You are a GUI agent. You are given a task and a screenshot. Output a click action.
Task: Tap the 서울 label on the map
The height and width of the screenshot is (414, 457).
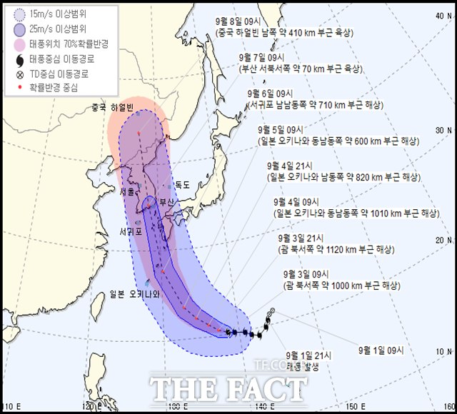pos(129,191)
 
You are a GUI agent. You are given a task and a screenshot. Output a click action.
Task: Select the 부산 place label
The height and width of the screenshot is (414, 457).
pos(166,201)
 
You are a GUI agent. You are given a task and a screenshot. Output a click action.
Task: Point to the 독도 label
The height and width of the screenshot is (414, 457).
pos(182,185)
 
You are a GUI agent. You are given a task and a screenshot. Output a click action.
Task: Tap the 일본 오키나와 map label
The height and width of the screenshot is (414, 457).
pos(134,293)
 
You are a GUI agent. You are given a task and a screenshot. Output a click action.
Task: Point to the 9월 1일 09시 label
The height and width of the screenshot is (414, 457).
pos(381,350)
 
